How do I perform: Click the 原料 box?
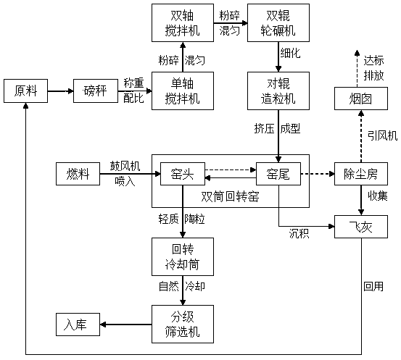click(x=25, y=91)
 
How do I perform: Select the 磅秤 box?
click(x=96, y=91)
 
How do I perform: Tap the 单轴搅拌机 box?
click(x=183, y=91)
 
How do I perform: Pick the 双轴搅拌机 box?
click(x=183, y=22)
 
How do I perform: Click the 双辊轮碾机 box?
click(x=278, y=22)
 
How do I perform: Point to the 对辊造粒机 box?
click(x=278, y=91)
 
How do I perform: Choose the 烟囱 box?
click(x=361, y=99)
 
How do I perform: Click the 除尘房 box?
click(x=361, y=174)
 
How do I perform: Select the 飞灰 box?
click(x=361, y=227)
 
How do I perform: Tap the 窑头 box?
click(x=183, y=174)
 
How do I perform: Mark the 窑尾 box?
click(x=278, y=174)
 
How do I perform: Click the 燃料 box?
click(x=78, y=174)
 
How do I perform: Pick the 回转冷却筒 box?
click(x=183, y=256)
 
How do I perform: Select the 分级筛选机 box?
click(x=183, y=324)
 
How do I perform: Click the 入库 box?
click(x=78, y=325)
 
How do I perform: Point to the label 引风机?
click(x=383, y=135)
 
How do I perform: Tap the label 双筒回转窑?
click(x=230, y=196)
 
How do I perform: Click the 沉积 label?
click(x=299, y=233)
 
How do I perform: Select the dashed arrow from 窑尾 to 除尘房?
click(x=318, y=174)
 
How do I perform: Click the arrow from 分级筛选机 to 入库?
click(x=126, y=325)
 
